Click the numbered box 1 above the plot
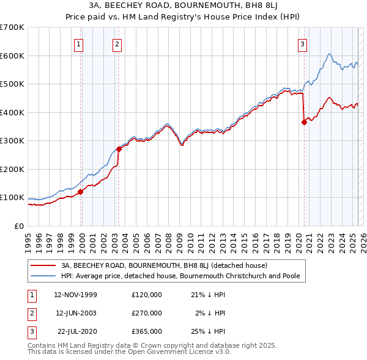(x=80, y=44)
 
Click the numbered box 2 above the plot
(x=117, y=44)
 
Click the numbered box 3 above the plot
(x=303, y=44)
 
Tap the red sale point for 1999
(x=80, y=192)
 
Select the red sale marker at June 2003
(x=119, y=149)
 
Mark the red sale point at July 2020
(x=304, y=122)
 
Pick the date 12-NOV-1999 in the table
(x=75, y=295)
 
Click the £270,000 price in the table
(x=147, y=313)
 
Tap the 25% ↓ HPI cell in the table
(x=208, y=331)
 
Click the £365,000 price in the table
(x=147, y=331)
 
